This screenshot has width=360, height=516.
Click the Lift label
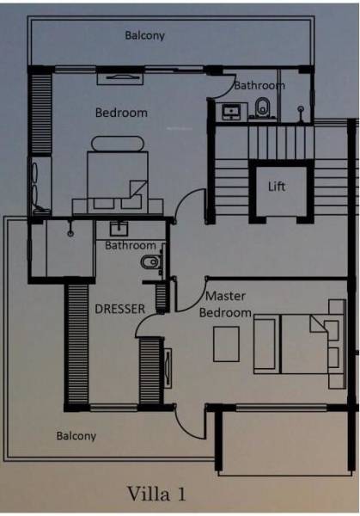point(276,186)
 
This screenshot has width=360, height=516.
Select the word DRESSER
point(119,308)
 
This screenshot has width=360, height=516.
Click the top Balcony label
point(144,36)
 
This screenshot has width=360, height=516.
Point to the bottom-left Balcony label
point(76,436)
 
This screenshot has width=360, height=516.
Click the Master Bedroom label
point(225,304)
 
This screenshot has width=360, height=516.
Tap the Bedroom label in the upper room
point(121,113)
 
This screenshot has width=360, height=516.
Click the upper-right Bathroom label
point(259,85)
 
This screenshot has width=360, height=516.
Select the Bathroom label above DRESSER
point(131,246)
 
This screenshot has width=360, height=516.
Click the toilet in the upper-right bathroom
point(263,108)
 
